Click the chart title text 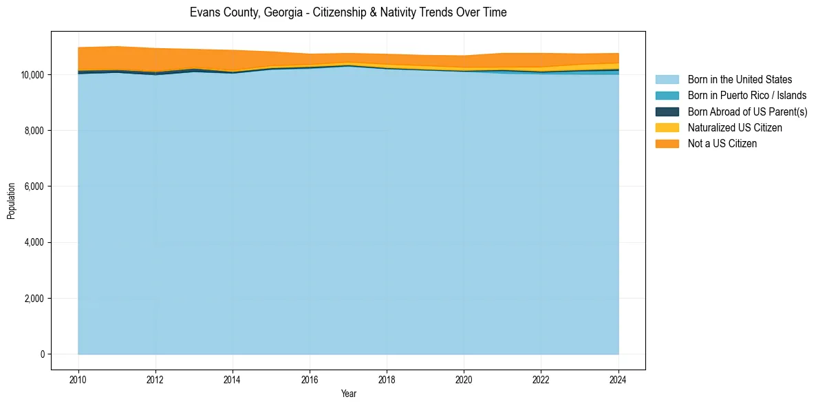(348, 12)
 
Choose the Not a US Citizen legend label (722, 144)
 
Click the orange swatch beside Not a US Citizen (667, 144)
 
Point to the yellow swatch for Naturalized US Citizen (667, 128)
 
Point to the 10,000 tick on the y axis (33, 74)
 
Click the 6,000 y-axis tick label (35, 186)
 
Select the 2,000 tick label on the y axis (35, 299)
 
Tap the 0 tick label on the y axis (43, 354)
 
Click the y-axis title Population (12, 200)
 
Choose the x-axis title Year (348, 394)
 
